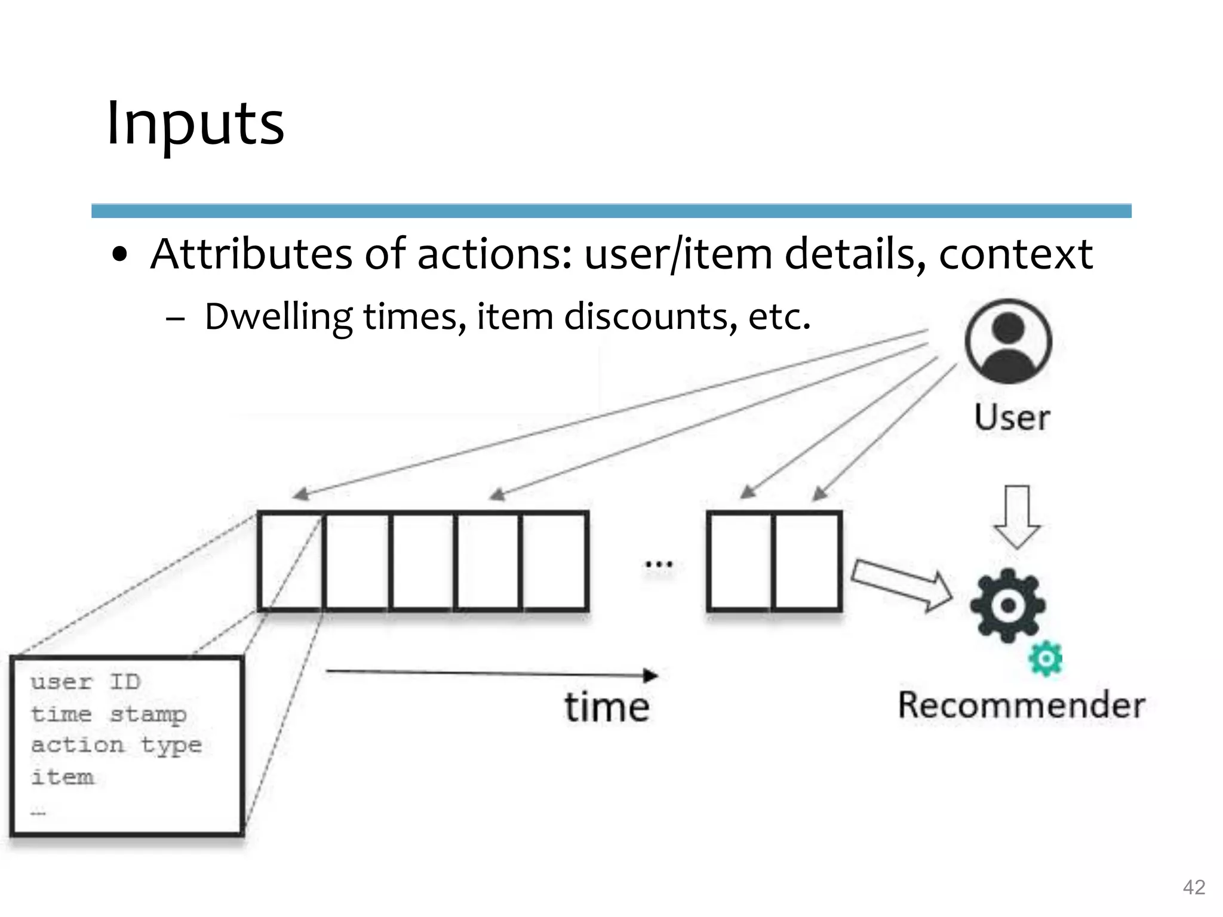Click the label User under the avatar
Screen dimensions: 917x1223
pos(1012,417)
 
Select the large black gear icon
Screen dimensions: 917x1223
pos(1007,605)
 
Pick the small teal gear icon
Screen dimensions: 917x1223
pos(1046,658)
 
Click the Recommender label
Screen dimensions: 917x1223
pos(1022,705)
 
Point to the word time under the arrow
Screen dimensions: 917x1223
pos(607,708)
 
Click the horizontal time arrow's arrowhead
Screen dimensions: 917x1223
pos(651,676)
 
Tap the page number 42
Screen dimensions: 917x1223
pos(1194,887)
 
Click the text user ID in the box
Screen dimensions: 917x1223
pos(86,682)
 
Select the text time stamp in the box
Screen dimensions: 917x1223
pos(109,714)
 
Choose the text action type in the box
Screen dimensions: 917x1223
pos(116,746)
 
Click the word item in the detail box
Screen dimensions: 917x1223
pos(63,777)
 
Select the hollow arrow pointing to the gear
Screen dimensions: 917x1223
pos(902,585)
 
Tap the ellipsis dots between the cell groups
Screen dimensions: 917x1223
pos(659,564)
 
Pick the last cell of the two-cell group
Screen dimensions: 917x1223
pos(807,561)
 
